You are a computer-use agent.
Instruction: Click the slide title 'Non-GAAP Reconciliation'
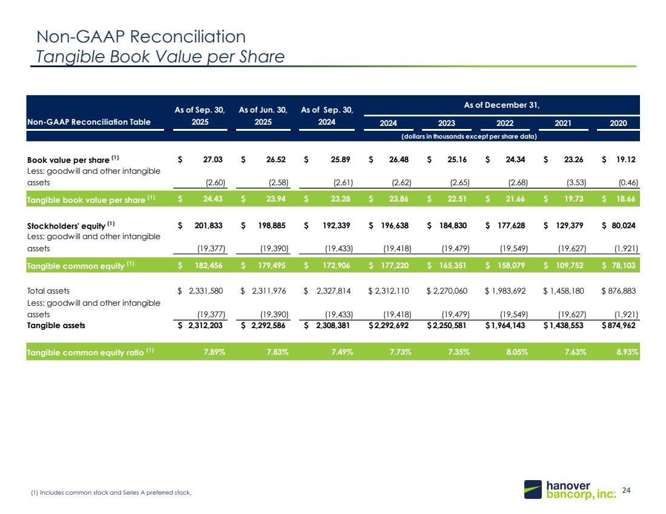[x=141, y=36]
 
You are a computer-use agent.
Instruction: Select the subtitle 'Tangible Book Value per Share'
[x=160, y=57]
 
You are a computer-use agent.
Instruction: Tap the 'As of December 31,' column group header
[x=502, y=105]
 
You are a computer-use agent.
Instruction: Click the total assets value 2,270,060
[x=449, y=291]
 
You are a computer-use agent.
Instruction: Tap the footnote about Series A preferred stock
[x=111, y=493]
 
